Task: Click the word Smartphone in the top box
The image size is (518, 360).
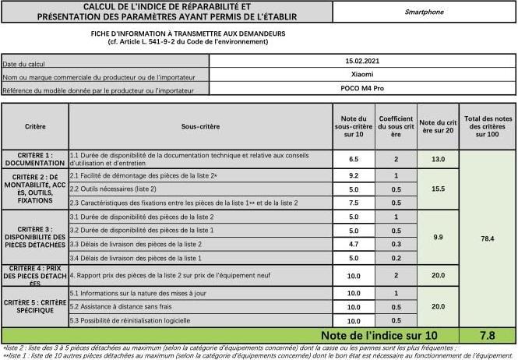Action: point(424,12)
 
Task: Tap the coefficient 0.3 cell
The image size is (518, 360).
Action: point(396,244)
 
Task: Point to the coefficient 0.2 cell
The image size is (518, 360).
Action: point(396,258)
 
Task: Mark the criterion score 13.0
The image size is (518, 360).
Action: point(437,159)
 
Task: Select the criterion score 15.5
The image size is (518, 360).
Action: point(437,189)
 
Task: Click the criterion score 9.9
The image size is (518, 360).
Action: point(437,237)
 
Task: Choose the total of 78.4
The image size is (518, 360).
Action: point(487,237)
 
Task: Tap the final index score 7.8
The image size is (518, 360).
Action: point(487,335)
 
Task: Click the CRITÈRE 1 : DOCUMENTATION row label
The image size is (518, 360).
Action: point(34,159)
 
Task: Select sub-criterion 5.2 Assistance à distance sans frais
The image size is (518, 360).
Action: point(125,307)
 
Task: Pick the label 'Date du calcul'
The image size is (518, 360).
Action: point(23,63)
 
